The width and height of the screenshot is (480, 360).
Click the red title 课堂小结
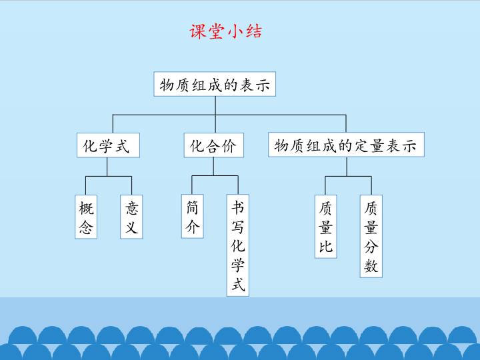226,31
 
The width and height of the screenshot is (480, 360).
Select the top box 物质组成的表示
215,84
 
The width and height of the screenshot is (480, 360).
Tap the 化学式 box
108,145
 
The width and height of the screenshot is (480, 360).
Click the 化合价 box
214,145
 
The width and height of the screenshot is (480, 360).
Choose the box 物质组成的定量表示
346,145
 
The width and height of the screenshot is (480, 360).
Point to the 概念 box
86,217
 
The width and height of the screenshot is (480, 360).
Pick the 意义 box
131,217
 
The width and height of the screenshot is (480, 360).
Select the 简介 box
192,216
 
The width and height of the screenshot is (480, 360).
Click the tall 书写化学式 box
238,245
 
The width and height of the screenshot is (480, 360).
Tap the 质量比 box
326,227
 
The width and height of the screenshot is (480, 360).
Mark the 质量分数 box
371,236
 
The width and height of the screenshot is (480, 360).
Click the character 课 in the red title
198,31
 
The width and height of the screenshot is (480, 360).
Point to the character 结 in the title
254,31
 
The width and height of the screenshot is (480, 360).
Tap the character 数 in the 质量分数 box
371,265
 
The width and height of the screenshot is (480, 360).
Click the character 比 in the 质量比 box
326,246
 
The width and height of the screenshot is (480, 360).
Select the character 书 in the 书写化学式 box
238,207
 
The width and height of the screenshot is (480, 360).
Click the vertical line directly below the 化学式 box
107,167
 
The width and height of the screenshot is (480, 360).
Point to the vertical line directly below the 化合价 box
214,167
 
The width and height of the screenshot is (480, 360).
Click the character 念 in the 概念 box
86,227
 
